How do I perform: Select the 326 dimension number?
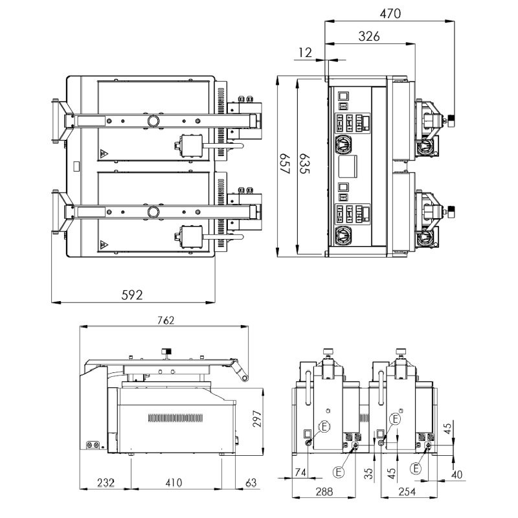pos(369,37)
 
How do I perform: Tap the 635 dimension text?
pos(304,165)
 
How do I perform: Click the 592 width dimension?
pos(132,294)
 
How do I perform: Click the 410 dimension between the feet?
pos(174,482)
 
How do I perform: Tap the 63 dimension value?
pos(251,482)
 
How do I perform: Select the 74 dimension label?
pos(299,473)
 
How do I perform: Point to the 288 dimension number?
pos(324,491)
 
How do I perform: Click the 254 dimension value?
pos(408,491)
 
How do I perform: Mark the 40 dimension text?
pos(457,475)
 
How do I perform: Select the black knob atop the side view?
pos(166,352)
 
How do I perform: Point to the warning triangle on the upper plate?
pos(102,154)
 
